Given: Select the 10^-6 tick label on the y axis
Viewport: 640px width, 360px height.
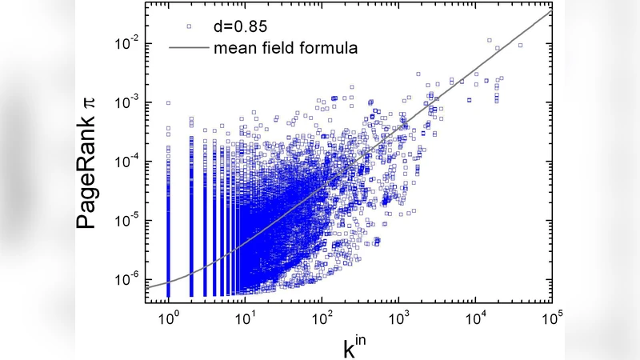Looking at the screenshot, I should point(128,279).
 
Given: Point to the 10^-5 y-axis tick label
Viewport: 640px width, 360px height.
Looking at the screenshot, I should point(128,220).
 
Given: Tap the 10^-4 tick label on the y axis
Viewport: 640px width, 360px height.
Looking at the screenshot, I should point(128,161).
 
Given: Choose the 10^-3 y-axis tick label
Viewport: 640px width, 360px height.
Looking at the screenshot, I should point(128,102).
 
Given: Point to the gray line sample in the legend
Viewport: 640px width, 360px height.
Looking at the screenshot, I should point(189,47).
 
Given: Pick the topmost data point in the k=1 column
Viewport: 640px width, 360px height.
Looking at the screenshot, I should point(168,102).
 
